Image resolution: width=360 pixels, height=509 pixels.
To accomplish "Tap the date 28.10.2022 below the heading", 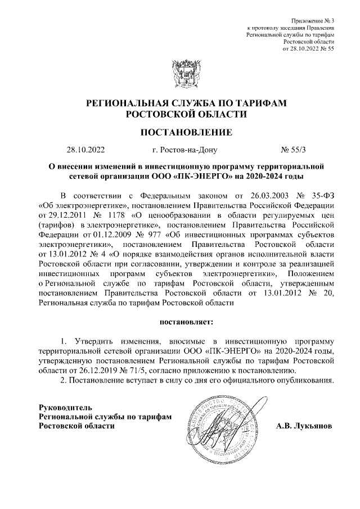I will (85, 150).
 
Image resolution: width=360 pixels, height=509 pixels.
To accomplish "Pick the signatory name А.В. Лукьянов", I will (304, 426).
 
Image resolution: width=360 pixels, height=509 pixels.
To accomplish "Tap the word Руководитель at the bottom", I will (61, 407).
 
